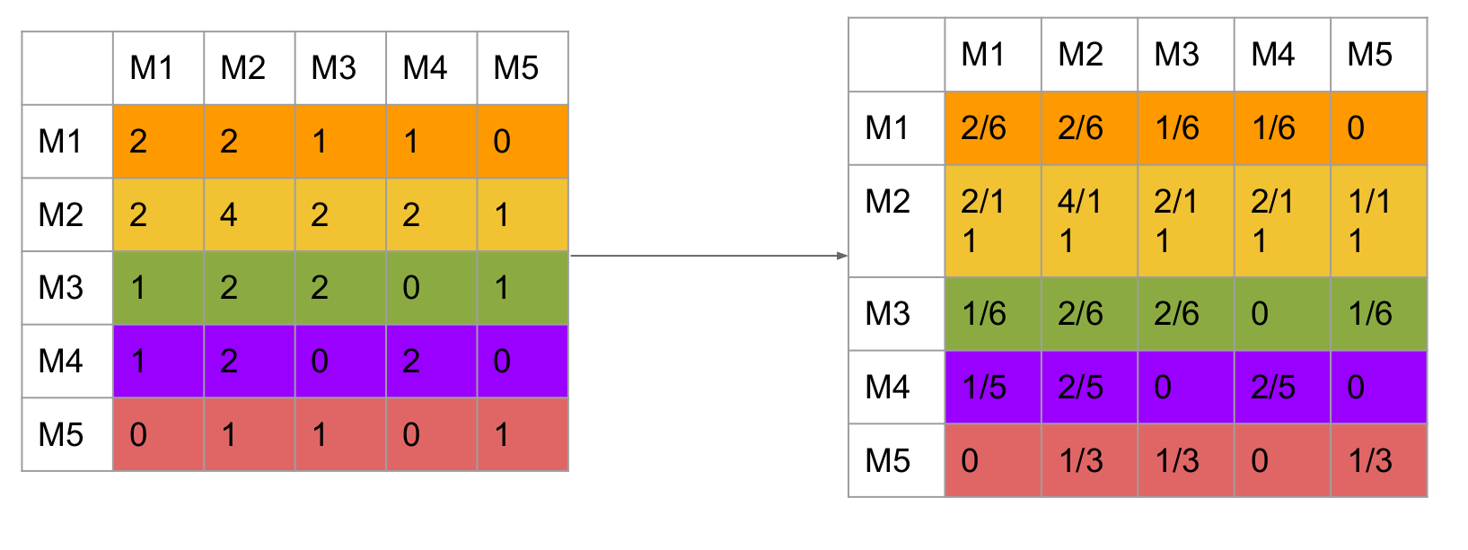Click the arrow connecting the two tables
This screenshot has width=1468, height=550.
pyautogui.click(x=708, y=256)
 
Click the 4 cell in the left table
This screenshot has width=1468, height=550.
pyautogui.click(x=250, y=214)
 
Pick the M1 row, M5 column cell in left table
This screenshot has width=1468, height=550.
pyautogui.click(x=523, y=141)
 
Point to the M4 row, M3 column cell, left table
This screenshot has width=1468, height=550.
pyautogui.click(x=340, y=361)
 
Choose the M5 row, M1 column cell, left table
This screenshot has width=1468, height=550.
pyautogui.click(x=158, y=434)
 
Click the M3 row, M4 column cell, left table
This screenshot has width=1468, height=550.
pyautogui.click(x=431, y=287)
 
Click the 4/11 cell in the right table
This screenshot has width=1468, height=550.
pyautogui.click(x=1089, y=221)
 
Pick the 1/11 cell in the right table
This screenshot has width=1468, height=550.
pyautogui.click(x=1378, y=221)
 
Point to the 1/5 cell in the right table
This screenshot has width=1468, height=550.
pyautogui.click(x=992, y=387)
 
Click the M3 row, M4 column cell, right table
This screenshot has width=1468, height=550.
pyautogui.click(x=1282, y=313)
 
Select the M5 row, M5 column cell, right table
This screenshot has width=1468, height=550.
pyautogui.click(x=1378, y=460)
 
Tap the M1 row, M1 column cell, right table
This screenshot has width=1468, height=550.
pyautogui.click(x=992, y=128)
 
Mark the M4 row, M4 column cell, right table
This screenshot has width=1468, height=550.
pyautogui.click(x=1282, y=387)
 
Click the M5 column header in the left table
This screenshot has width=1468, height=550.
pyautogui.click(x=523, y=68)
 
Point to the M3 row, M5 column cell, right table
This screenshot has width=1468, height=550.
pyautogui.click(x=1378, y=313)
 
